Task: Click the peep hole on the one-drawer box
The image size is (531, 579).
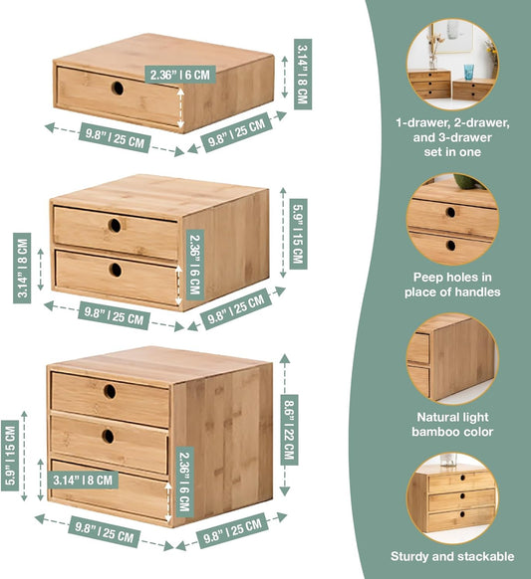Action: point(118,88)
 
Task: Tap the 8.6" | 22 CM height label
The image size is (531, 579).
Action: point(289,430)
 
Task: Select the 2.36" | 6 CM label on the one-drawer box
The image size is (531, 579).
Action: point(179,75)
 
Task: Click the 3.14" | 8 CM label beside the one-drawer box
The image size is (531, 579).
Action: point(303,75)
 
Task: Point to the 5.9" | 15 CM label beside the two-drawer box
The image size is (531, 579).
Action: point(298,234)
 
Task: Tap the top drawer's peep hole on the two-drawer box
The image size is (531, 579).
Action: point(115,226)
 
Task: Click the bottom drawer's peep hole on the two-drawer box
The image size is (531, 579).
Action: point(116,270)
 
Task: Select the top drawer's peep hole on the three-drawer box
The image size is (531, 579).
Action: point(110,391)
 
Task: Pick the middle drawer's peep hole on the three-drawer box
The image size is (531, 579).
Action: point(108,436)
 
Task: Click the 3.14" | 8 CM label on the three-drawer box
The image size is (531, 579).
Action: point(83,481)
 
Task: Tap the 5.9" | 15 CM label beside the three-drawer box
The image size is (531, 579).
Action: point(10,456)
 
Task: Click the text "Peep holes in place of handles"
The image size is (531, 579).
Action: point(452,285)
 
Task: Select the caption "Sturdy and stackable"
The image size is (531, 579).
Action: point(452,556)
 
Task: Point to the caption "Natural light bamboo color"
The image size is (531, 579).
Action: point(452,424)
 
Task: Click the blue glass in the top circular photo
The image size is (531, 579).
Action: point(469,72)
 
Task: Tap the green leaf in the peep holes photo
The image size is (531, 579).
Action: point(466,181)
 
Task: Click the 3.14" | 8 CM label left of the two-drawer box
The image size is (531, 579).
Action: point(22,268)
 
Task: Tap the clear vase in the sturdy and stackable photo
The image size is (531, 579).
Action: point(448,460)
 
